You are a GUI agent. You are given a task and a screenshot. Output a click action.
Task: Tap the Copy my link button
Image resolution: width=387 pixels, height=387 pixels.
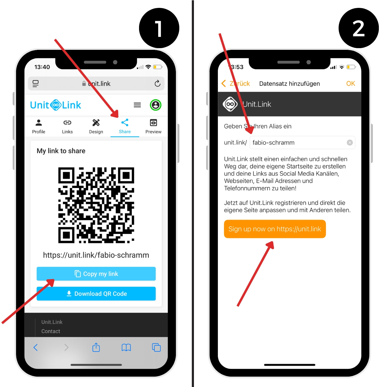[96, 274]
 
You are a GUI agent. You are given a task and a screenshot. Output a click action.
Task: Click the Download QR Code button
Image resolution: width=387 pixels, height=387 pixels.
[96, 293]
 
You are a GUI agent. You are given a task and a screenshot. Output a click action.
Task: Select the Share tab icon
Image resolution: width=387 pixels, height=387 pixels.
[125, 122]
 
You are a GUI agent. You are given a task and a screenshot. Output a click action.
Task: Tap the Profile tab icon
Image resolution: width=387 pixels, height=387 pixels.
[39, 122]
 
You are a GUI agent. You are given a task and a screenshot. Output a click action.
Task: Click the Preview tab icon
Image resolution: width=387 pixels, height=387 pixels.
[153, 122]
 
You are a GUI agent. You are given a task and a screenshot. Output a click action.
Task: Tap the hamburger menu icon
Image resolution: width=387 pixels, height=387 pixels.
[137, 105]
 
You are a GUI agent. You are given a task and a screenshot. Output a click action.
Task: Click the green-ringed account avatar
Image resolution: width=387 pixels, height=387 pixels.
[155, 105]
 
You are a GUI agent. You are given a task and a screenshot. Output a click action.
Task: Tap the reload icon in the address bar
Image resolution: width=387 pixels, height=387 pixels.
[157, 83]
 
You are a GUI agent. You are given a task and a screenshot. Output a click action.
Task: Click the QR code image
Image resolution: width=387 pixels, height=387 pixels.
[96, 205]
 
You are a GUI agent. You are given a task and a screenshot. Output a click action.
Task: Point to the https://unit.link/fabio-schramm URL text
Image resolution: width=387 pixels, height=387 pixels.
[96, 255]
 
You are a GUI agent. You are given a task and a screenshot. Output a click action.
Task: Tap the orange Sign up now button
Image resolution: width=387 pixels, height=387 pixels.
[275, 229]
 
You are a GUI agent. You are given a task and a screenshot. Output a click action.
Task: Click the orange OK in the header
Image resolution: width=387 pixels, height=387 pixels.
[350, 84]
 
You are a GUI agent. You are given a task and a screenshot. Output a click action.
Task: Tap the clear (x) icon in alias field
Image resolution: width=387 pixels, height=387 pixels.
[350, 142]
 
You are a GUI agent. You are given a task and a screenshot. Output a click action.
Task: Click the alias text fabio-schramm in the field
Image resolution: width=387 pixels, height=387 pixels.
[273, 143]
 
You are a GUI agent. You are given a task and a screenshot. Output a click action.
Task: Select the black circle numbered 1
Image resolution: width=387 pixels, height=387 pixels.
[159, 28]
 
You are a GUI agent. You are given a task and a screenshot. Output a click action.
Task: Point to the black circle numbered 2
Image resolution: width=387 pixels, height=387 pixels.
[359, 28]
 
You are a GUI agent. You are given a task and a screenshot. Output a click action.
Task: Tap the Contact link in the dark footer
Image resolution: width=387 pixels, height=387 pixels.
[51, 331]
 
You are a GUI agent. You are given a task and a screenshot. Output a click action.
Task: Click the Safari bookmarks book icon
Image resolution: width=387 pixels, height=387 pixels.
[126, 347]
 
